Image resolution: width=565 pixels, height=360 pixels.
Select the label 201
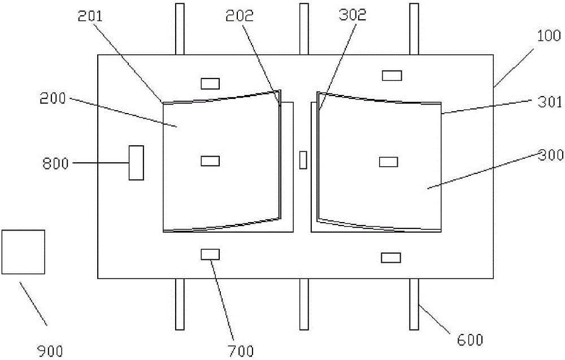[90, 17]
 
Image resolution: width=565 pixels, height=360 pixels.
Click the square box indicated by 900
[23, 251]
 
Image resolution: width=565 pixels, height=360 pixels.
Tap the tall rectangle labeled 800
[136, 163]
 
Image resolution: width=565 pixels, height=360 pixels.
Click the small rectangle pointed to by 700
[210, 254]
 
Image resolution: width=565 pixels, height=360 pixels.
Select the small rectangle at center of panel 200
[210, 161]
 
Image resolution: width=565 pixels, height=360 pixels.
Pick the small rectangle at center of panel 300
[388, 162]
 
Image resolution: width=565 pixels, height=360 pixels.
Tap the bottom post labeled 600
[414, 304]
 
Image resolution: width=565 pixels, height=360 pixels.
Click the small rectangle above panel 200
[210, 84]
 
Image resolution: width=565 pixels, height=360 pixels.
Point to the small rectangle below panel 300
[390, 258]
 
